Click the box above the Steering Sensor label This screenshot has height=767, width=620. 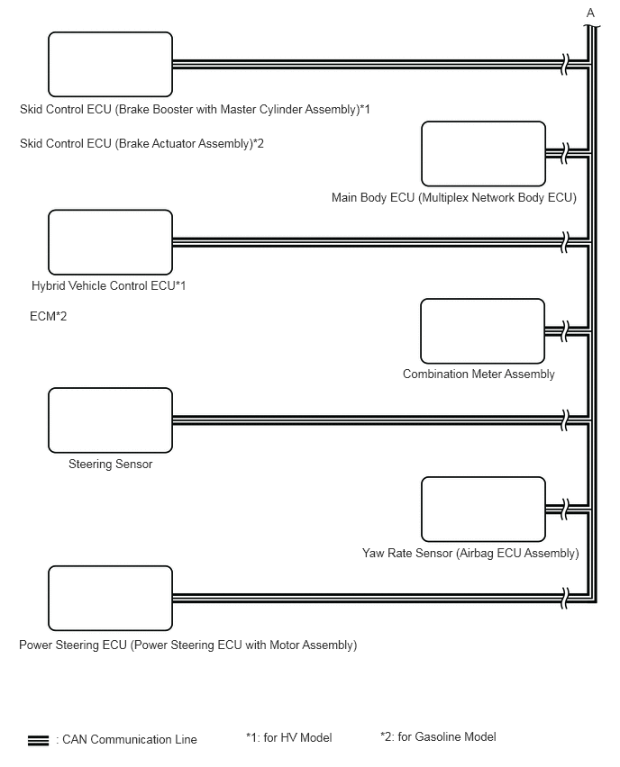[110, 420]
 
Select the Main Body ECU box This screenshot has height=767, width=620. [483, 154]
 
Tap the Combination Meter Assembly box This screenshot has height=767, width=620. [483, 331]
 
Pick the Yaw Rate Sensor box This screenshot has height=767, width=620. [483, 510]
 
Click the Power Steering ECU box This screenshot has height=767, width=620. [110, 599]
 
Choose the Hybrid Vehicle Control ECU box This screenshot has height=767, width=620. [110, 242]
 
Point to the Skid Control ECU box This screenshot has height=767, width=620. [110, 65]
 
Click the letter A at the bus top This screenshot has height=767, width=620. [591, 14]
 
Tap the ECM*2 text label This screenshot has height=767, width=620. [49, 317]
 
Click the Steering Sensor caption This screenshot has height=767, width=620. [110, 465]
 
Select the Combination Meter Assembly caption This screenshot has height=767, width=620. [479, 374]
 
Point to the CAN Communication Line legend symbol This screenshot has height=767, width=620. [39, 740]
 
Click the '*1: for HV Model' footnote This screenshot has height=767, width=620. [288, 738]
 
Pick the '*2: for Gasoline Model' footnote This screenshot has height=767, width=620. [438, 737]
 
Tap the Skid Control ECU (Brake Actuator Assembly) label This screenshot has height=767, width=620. [141, 144]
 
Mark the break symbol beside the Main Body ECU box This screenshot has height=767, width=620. [565, 154]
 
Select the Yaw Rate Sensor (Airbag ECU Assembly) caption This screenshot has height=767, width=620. [470, 554]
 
